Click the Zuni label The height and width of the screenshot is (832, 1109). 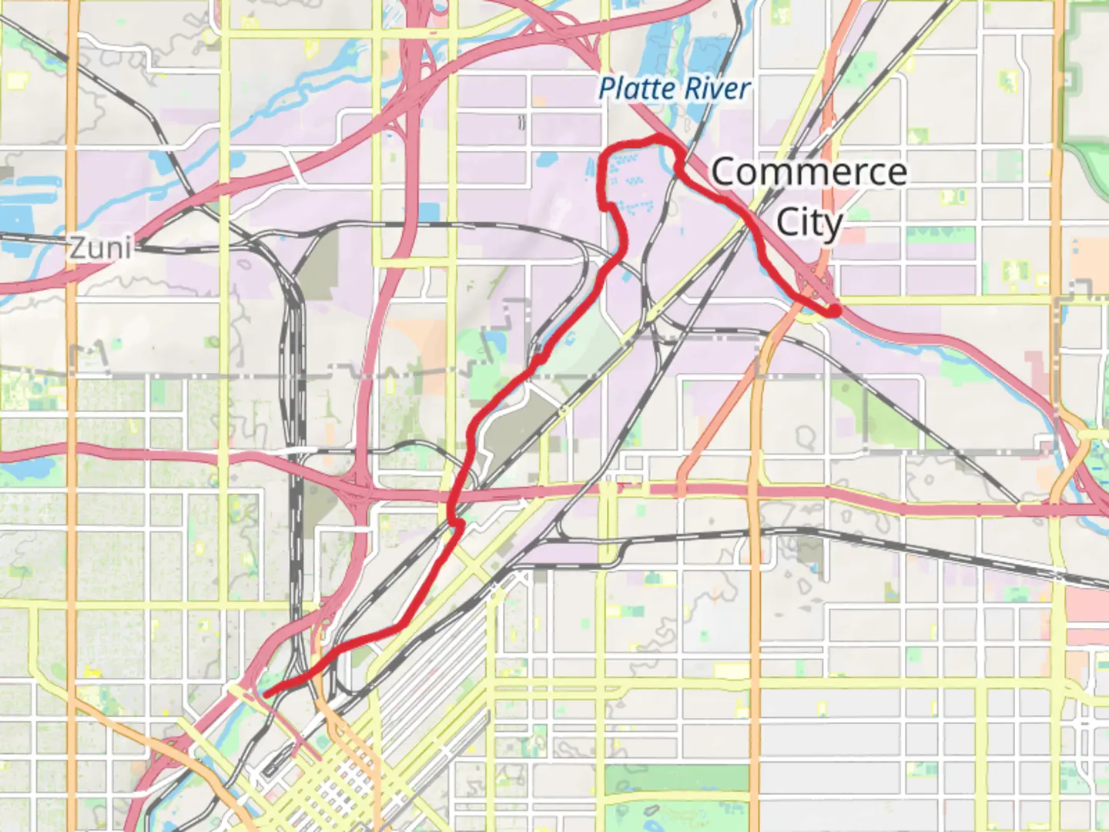[100, 248]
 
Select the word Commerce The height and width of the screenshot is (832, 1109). [809, 172]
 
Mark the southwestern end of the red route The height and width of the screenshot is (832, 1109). [266, 693]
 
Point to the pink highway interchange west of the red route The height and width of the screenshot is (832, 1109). [356, 493]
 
